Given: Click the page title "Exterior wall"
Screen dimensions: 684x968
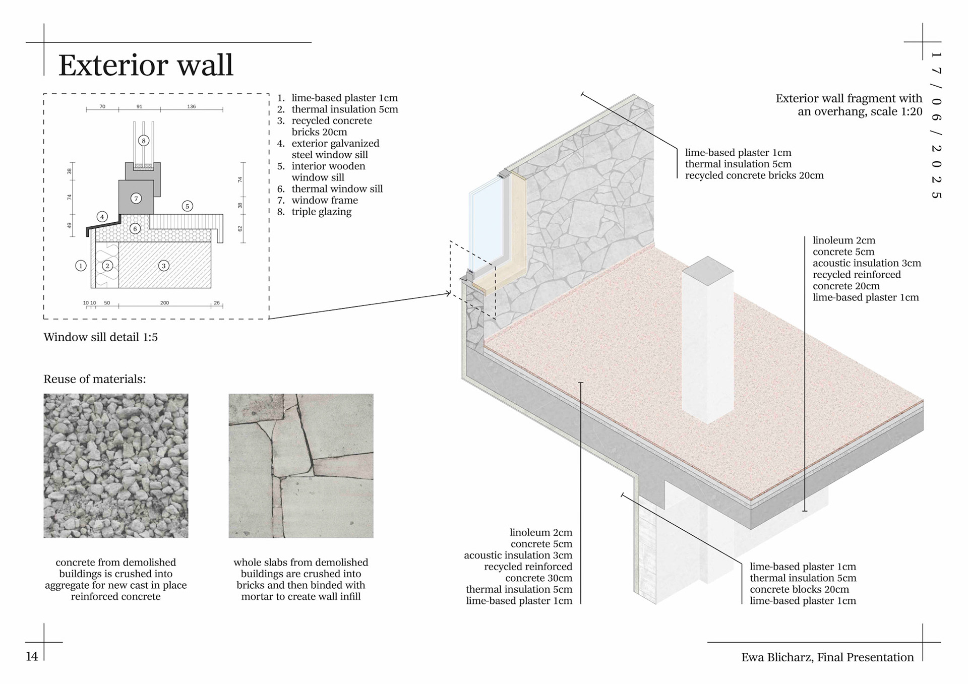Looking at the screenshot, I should [146, 65].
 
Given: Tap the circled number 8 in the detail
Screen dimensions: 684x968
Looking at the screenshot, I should [144, 141].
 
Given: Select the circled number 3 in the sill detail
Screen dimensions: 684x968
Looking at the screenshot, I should [163, 266].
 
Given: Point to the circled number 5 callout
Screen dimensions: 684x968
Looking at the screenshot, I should [187, 206].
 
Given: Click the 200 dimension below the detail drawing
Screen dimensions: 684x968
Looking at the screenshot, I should [164, 303].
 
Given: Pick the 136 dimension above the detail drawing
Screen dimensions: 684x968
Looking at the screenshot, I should [191, 106].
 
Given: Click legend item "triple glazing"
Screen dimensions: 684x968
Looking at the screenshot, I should [321, 212].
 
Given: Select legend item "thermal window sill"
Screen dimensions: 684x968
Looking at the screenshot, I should [337, 189].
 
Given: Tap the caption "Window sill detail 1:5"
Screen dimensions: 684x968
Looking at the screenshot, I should [100, 337].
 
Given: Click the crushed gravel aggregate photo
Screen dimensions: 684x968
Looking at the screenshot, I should [115, 466].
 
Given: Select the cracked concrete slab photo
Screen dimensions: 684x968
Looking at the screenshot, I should [301, 466].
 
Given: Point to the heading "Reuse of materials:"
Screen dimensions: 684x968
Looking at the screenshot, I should [95, 379].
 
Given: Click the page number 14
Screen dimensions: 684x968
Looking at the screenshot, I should [32, 656].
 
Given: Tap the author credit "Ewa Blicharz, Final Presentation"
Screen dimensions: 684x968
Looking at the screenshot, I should [827, 657].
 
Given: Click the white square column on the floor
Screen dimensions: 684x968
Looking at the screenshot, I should [707, 343].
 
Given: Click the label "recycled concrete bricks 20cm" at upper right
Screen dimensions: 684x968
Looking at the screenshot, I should [754, 175].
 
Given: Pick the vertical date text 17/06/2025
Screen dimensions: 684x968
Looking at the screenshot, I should [936, 126].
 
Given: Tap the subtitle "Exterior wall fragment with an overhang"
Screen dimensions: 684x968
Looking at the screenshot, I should [849, 105].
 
